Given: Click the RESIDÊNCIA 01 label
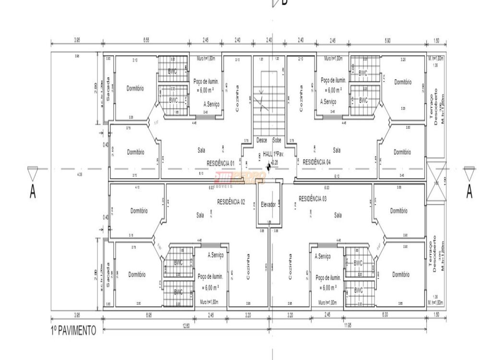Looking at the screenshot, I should [220, 163].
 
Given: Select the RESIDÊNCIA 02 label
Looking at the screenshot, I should [231, 202].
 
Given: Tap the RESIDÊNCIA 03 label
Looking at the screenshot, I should [312, 198].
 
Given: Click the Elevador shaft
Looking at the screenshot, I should [268, 204].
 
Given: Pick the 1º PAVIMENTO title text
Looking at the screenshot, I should [73, 330].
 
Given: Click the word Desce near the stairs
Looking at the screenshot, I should [262, 141].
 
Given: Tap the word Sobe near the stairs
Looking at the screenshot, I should [277, 141].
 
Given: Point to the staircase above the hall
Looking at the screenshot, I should [269, 103].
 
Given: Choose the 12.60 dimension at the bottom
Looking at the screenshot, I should [186, 326].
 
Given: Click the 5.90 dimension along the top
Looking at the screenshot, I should [387, 40].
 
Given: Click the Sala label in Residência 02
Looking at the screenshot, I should [200, 216].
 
